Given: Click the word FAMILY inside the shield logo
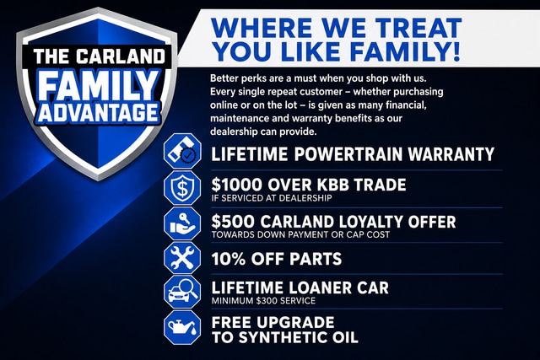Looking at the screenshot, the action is click(x=99, y=85).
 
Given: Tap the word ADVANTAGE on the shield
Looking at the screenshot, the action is click(x=99, y=112).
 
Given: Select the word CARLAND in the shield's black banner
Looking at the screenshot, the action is click(x=121, y=56).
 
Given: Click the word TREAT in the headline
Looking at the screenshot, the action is click(x=418, y=28).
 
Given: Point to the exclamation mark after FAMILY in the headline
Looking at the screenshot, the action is click(x=456, y=51).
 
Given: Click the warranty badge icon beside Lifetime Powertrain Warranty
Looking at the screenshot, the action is click(x=182, y=151).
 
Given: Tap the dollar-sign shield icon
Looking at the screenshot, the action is click(x=182, y=188).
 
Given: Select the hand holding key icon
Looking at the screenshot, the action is click(x=182, y=223).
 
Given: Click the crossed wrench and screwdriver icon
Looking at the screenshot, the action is click(x=182, y=258).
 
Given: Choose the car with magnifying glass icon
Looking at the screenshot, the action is click(x=182, y=292).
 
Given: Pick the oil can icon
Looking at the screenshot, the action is click(x=182, y=327).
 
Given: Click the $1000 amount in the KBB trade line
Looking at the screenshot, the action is click(x=236, y=185).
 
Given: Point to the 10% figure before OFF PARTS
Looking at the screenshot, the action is click(x=229, y=259).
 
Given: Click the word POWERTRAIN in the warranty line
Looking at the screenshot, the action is click(x=348, y=153).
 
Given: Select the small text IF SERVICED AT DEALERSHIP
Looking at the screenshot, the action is click(x=272, y=198).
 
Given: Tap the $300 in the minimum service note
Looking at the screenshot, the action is click(x=267, y=301).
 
